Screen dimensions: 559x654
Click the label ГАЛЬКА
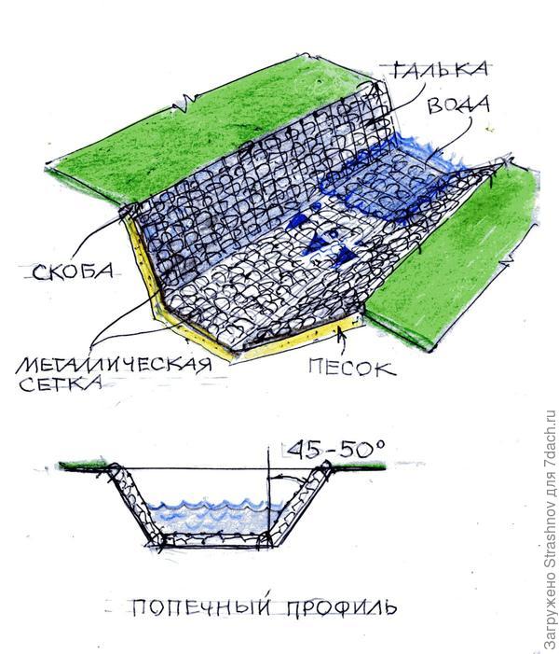tap(440, 70)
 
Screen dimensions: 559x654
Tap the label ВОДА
tap(458, 104)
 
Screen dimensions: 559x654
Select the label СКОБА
tap(73, 271)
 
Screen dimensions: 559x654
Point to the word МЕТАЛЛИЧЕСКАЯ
tap(114, 365)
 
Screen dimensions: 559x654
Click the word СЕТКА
tap(61, 383)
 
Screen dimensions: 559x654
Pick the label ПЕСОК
tap(352, 369)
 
